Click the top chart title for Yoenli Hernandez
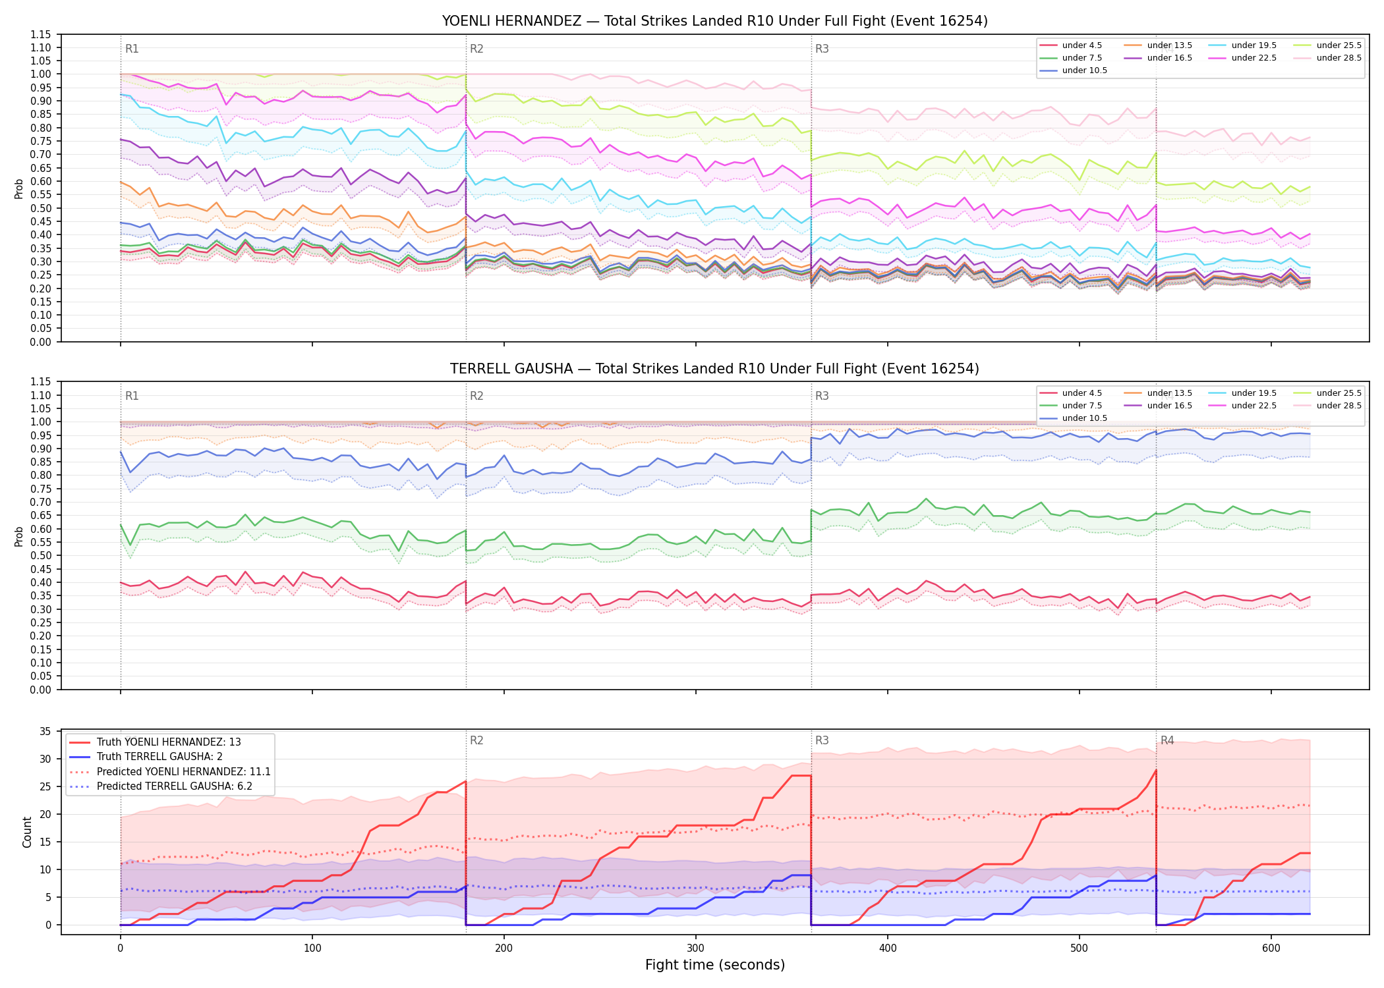click(714, 21)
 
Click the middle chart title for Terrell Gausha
click(714, 369)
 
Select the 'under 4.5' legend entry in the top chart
click(1070, 45)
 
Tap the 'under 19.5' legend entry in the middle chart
click(1242, 393)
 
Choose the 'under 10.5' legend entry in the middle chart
click(1073, 418)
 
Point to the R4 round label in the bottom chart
click(1167, 740)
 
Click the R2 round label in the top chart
click(476, 49)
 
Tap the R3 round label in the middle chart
click(822, 396)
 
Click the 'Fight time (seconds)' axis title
click(715, 965)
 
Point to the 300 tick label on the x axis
click(696, 948)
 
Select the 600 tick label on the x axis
click(1271, 948)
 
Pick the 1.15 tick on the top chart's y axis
click(40, 34)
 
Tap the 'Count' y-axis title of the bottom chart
click(28, 832)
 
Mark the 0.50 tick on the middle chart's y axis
click(40, 556)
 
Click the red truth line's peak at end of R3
click(1156, 770)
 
